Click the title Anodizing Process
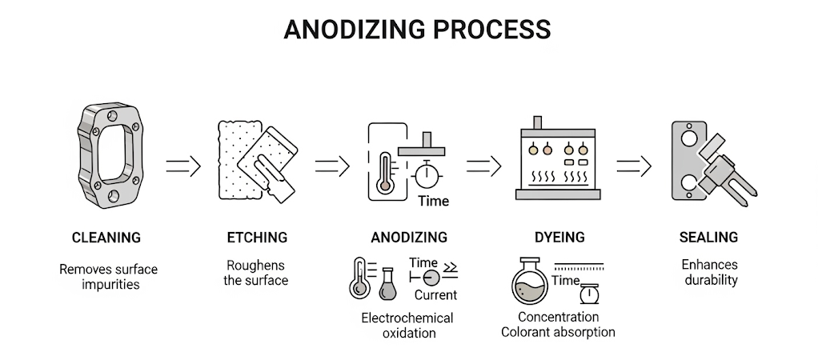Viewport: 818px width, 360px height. pos(417,29)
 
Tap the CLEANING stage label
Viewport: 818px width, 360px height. pos(106,238)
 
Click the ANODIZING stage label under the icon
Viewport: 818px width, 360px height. pos(409,238)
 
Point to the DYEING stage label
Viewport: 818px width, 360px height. pos(559,238)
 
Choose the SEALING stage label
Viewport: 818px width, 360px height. pos(708,238)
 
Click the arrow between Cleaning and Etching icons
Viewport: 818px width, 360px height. pos(182,166)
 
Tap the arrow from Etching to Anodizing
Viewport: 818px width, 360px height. pos(332,166)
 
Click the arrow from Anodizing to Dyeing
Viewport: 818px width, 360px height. pos(483,166)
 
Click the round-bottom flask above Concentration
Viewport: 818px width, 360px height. pos(531,279)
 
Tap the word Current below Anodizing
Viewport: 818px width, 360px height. pos(435,295)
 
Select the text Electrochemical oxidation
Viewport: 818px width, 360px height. pos(407,326)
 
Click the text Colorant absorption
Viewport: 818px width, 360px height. pos(558,331)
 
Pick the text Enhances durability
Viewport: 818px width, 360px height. pos(709,272)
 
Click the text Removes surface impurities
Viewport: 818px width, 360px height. pos(108,276)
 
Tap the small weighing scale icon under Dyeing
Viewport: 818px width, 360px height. pos(591,294)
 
